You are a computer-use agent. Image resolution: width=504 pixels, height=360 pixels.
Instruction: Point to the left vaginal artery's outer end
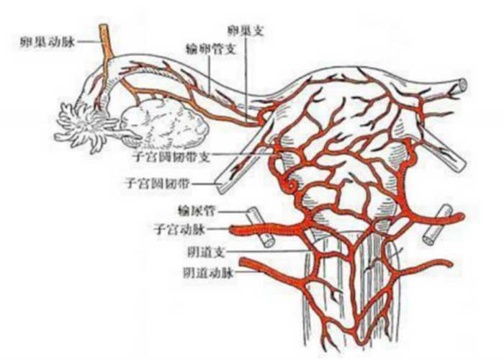point(245,262)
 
